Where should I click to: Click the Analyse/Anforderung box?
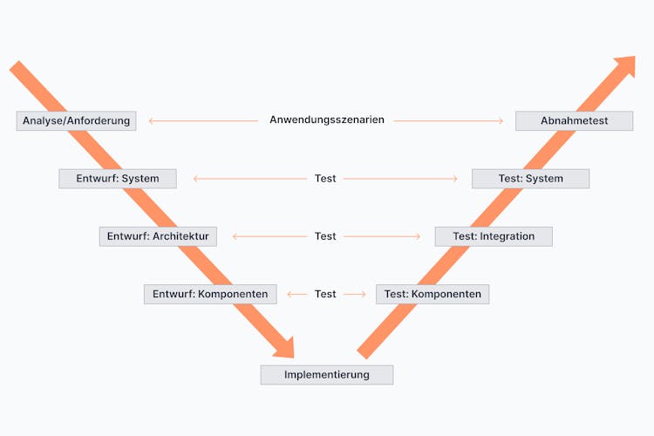click(x=77, y=120)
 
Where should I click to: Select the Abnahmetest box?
click(x=574, y=120)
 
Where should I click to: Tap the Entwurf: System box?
click(x=118, y=179)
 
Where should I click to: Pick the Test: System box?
click(x=530, y=179)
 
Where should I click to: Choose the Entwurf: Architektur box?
click(x=158, y=236)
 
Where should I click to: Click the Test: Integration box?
click(x=494, y=236)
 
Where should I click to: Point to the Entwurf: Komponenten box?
click(x=210, y=294)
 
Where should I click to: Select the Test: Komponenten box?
click(x=433, y=294)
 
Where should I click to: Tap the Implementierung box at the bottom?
click(x=327, y=375)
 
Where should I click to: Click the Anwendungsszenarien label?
click(x=327, y=120)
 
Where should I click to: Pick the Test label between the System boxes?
click(x=325, y=179)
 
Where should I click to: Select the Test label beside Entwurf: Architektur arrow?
click(x=325, y=236)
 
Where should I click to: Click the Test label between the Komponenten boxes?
click(x=325, y=294)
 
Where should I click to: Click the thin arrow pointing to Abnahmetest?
click(x=448, y=120)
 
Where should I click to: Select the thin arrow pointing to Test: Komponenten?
click(x=355, y=294)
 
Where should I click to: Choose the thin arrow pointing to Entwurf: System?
click(x=249, y=179)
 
